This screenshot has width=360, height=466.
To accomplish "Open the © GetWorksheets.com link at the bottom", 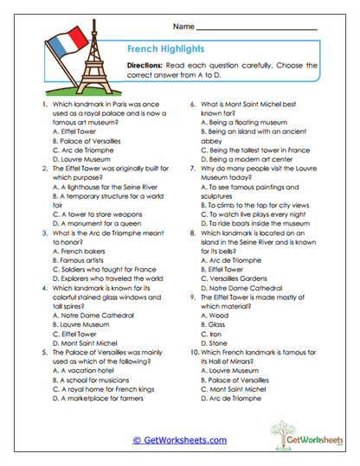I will coord(179,440).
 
